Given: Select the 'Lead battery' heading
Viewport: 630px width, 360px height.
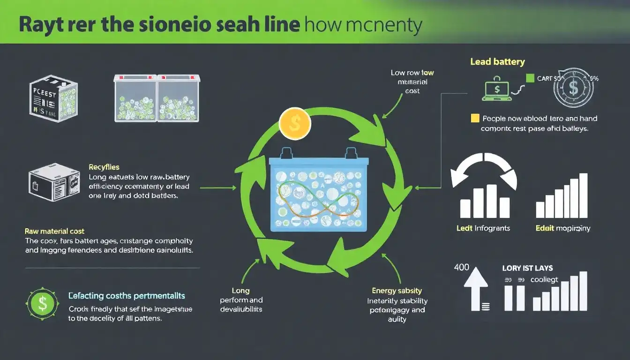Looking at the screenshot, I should (497, 62).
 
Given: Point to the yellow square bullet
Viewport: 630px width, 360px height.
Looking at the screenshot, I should (474, 118).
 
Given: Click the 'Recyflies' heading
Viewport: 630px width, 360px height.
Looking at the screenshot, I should (104, 167).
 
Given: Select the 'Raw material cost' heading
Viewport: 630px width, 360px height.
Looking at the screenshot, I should (54, 231).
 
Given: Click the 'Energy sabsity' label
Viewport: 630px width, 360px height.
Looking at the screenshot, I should (397, 291).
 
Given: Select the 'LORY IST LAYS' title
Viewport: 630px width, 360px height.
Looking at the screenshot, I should (527, 268).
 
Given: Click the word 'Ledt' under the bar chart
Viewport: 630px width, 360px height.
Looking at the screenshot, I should (464, 228).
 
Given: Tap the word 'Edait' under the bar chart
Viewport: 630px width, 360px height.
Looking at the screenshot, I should (544, 228).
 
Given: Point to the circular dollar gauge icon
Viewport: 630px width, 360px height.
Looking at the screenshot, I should (573, 87).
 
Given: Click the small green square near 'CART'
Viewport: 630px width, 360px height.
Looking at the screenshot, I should (530, 78).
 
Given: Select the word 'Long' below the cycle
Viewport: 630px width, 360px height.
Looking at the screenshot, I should (241, 291).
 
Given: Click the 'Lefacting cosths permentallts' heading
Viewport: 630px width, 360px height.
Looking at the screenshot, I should (127, 296).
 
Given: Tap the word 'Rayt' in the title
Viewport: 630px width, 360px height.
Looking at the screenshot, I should (39, 25).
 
